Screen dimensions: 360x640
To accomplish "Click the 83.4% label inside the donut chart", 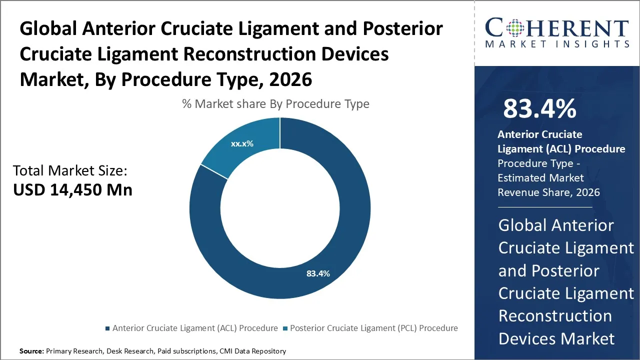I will click(318, 273).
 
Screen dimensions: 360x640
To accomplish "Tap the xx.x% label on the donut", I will click(242, 143).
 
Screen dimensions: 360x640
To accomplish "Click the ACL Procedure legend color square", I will click(107, 328).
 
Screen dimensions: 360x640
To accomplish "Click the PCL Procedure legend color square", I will click(285, 328).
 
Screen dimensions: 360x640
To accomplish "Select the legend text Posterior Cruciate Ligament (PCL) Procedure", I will click(373, 328).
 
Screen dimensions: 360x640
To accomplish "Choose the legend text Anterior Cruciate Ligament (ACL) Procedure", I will click(195, 328).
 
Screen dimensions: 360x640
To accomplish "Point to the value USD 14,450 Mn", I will click(72, 190).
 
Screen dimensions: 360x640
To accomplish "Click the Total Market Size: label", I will click(70, 171).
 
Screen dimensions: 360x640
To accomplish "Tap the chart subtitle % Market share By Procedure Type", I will click(275, 104).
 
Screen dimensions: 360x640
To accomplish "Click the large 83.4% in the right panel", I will click(539, 108).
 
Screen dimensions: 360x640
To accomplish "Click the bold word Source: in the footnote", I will click(31, 351).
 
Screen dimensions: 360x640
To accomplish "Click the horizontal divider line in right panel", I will click(544, 207).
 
